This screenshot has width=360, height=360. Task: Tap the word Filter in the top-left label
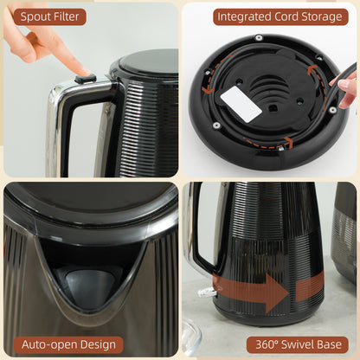point(66,16)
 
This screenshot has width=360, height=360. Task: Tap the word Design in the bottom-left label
point(87,344)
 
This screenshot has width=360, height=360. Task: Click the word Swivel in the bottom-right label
point(299,344)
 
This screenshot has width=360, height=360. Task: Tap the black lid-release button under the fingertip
point(85,78)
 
